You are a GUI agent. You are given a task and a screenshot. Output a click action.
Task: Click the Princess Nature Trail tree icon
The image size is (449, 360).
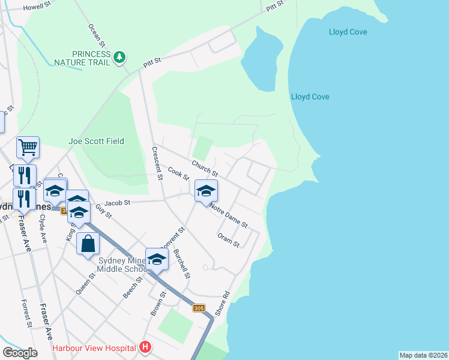pyautogui.click(x=121, y=57)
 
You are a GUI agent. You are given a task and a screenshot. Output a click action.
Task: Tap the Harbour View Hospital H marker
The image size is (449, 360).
pyautogui.click(x=145, y=347)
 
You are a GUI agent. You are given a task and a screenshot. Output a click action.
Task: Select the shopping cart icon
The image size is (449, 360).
pyautogui.click(x=28, y=146)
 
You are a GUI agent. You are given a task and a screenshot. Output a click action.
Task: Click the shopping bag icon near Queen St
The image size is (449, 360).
pyautogui.click(x=88, y=244)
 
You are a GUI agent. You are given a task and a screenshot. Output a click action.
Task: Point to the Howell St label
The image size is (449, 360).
pyautogui.click(x=38, y=7)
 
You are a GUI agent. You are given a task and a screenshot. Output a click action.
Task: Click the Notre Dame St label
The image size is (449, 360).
pyautogui.click(x=229, y=215)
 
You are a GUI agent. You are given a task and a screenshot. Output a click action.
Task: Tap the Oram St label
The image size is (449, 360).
pyautogui.click(x=229, y=241)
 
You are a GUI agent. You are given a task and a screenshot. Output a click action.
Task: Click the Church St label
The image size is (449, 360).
pyautogui.click(x=204, y=169)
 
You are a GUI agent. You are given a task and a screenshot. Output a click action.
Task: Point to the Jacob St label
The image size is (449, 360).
pyautogui.click(x=117, y=203)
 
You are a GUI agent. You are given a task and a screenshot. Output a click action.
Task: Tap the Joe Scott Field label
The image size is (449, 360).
pyautogui.click(x=96, y=141)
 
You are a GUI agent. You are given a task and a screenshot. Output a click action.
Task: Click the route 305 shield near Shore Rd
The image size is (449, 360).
pyautogui.click(x=199, y=308)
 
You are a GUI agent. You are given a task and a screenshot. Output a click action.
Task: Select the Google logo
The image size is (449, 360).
pyautogui.click(x=20, y=353)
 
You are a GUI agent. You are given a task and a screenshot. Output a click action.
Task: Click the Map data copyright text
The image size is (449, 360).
pyautogui.click(x=423, y=355)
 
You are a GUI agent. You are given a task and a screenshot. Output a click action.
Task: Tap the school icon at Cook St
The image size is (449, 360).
pyautogui.click(x=206, y=190)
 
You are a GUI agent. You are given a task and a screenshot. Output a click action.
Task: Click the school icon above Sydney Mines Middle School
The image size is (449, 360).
pyautogui.click(x=157, y=259)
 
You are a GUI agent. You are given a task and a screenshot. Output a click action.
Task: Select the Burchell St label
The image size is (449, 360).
pyautogui.click(x=181, y=265)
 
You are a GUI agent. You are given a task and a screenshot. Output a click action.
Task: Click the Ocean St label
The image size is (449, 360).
pyautogui.click(x=97, y=35)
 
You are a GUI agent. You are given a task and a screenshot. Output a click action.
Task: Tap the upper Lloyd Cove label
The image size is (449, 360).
pyautogui.click(x=348, y=32)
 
